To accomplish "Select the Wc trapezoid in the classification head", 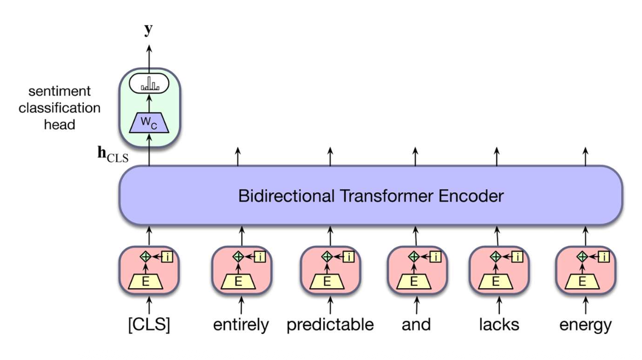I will pos(148,125).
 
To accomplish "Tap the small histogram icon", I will pos(149,85).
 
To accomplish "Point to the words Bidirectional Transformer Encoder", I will pos(371,196).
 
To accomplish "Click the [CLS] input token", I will pos(148,324).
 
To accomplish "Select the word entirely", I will pos(240,324).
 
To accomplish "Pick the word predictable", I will pos(330,324).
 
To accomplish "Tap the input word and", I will pos(416,324).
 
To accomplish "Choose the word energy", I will pos(585,324).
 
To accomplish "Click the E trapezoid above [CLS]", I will pos(148,282).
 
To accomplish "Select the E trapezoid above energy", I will pos(583,282).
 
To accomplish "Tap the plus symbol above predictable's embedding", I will pos(328,257).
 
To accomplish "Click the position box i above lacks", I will pos(518,257).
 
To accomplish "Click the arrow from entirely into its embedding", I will pos(240,305).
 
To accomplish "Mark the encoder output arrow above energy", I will pos(585,156).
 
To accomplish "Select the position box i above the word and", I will pos(435,257).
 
